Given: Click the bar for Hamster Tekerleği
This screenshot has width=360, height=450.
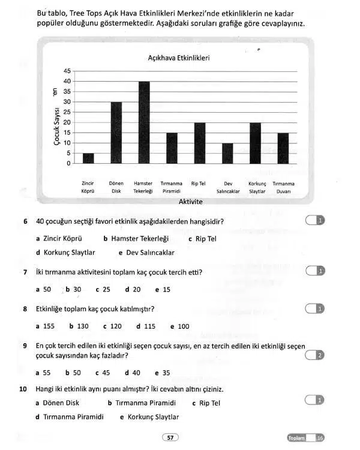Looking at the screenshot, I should (144, 122).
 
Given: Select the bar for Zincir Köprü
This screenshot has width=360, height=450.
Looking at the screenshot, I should (88, 158).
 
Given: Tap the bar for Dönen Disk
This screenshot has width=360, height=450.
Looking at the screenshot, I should (116, 133).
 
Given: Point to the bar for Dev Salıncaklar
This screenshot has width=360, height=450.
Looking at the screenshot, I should (227, 153).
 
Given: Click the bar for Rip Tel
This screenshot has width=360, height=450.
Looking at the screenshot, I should (200, 143).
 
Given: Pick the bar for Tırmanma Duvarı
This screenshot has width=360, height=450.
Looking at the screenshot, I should (283, 148).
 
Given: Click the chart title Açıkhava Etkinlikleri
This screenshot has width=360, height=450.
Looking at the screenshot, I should (178, 58).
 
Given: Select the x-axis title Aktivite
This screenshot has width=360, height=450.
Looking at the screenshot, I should (190, 202).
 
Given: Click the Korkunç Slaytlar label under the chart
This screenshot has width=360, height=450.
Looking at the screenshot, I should (257, 187).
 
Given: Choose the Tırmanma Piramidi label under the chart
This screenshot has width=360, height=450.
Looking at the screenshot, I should (172, 187).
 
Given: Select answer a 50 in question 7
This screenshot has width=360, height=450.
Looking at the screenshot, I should (44, 289).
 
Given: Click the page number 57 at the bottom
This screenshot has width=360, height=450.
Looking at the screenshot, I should (170, 438).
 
